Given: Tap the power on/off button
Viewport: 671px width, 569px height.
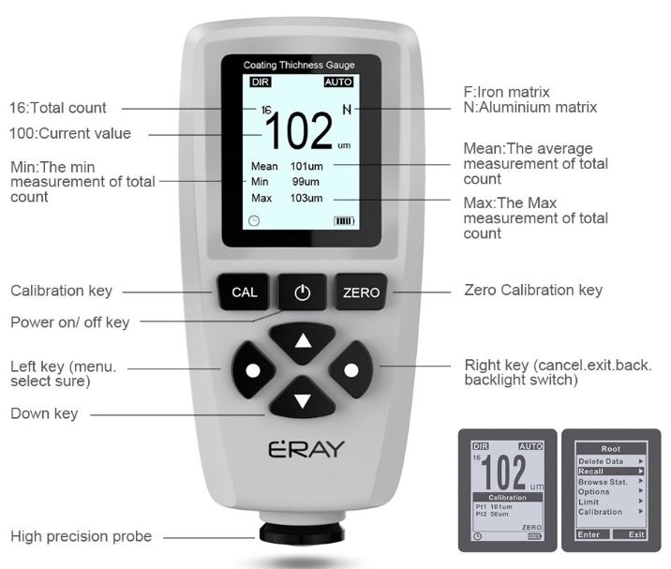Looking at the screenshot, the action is (303, 292).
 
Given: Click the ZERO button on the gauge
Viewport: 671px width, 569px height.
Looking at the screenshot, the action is (361, 292).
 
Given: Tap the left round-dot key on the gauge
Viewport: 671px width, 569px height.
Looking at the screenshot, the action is (253, 370).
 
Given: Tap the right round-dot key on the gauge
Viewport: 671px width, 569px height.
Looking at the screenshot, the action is (351, 370).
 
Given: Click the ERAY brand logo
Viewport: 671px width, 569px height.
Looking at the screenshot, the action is (306, 448).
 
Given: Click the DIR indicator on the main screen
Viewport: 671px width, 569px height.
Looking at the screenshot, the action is (261, 82).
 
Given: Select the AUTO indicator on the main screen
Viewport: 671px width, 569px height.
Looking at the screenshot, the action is (338, 82).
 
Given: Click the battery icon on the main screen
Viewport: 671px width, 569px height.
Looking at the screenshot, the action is (344, 221).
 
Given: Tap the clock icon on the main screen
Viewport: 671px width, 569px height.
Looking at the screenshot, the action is (254, 221).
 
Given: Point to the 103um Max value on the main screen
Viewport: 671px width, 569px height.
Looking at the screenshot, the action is (306, 198).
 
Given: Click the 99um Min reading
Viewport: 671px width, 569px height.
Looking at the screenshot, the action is (306, 182).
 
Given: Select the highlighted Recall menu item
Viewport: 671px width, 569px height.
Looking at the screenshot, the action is (611, 472).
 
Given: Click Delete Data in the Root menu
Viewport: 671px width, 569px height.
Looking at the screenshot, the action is (601, 461).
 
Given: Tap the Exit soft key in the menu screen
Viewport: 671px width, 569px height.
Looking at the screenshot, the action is (636, 534).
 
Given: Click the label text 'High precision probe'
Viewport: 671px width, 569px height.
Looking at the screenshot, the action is (82, 536).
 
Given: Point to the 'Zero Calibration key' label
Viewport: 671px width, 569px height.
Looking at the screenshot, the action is (533, 291).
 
